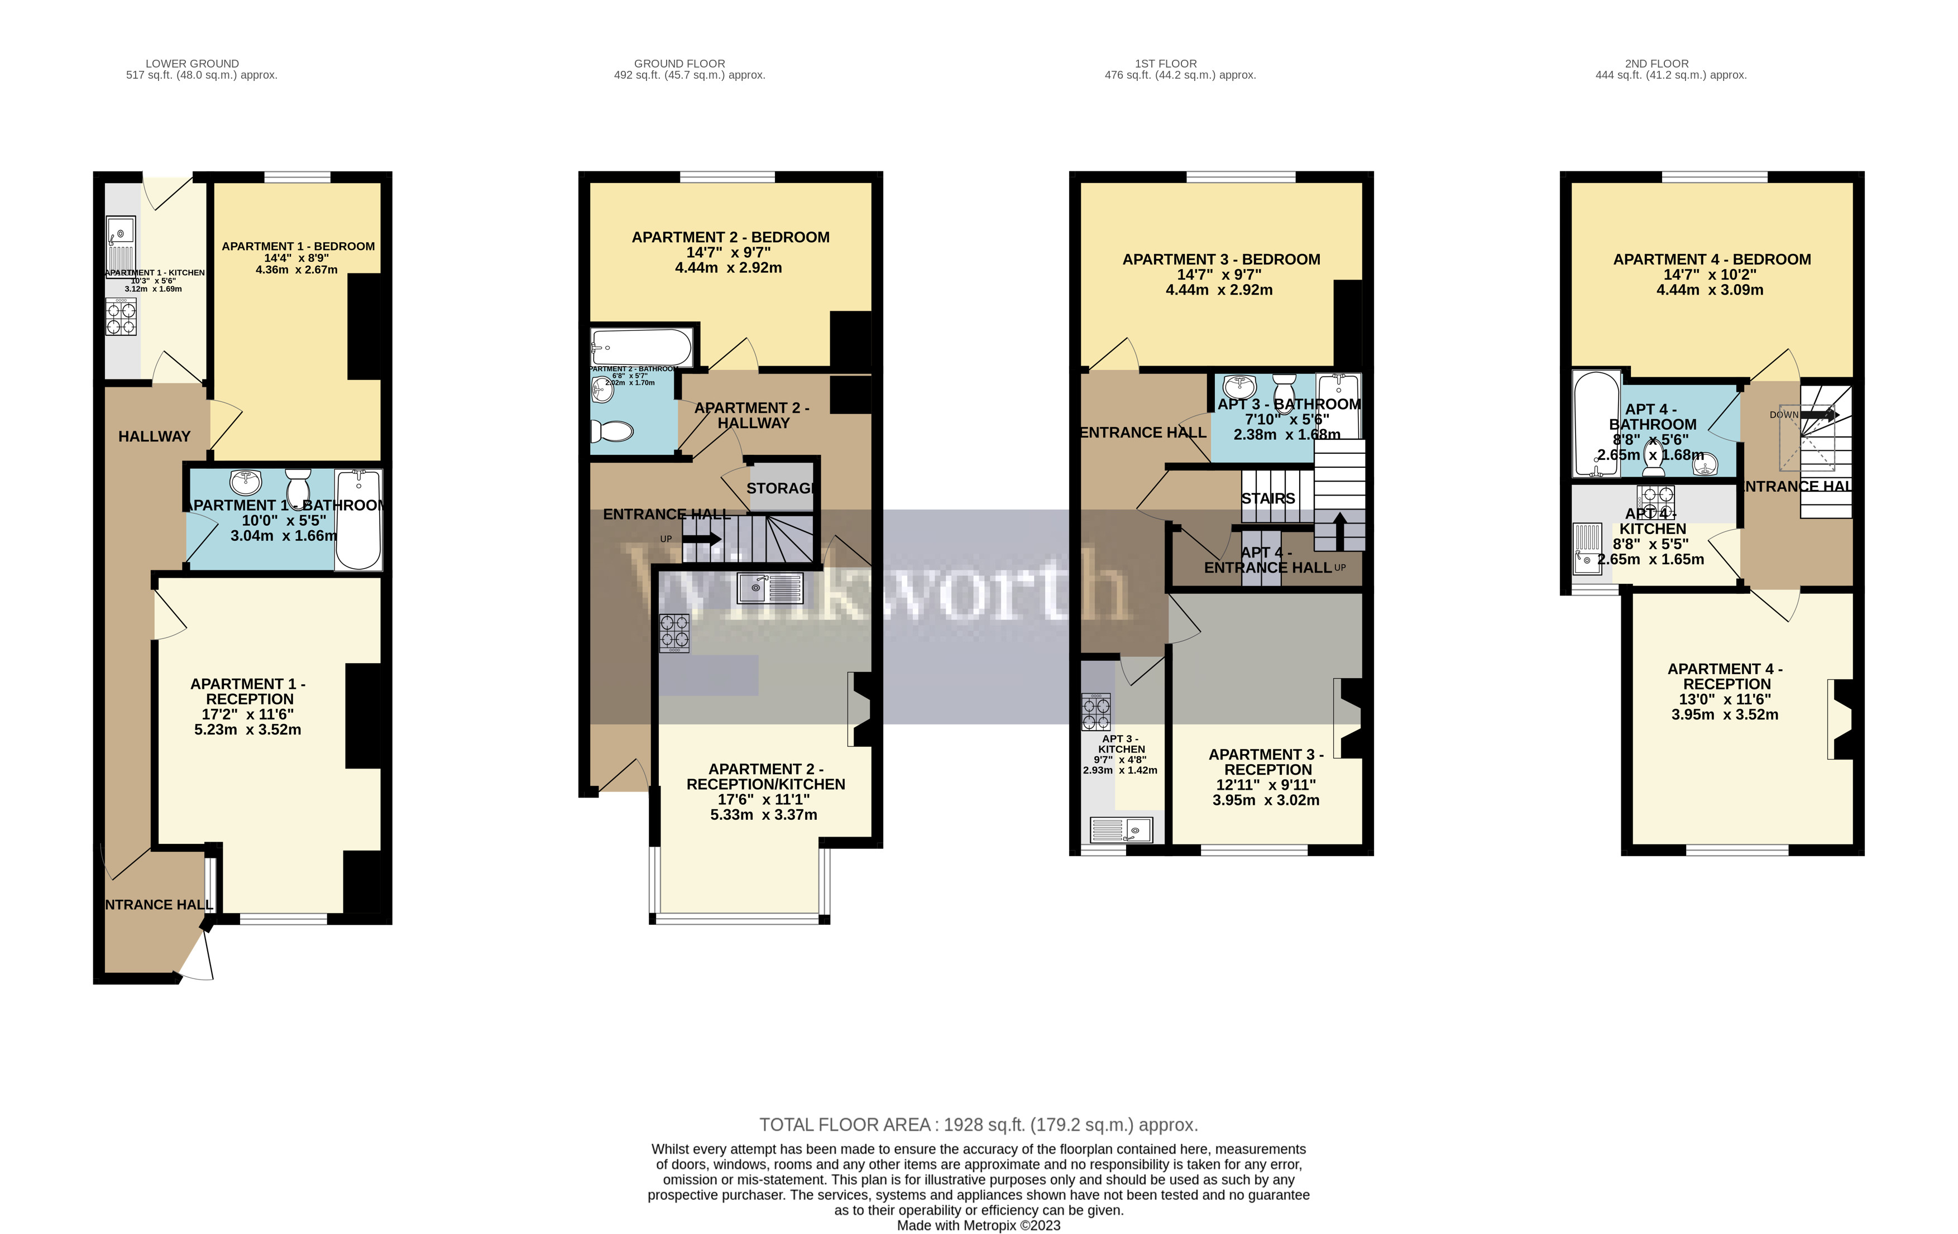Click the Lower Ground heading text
click(x=192, y=64)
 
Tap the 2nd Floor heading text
click(x=1657, y=64)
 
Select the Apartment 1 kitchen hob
click(x=121, y=317)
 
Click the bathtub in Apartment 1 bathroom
click(x=358, y=520)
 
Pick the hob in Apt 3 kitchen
click(x=1095, y=712)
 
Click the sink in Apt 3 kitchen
click(x=1121, y=830)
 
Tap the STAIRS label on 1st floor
click(x=1268, y=498)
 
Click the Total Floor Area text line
click(x=978, y=1125)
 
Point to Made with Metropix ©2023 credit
click(x=978, y=1225)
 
